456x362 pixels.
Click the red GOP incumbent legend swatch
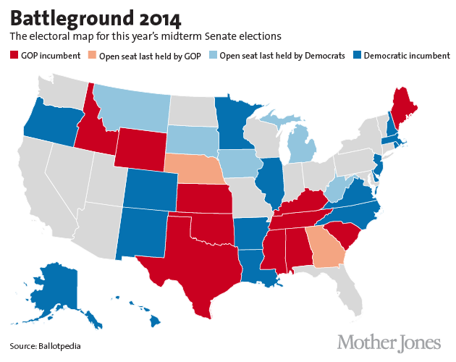tap(13, 56)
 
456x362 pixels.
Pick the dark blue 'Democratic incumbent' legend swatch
tap(357, 56)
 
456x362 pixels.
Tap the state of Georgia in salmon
tap(324, 247)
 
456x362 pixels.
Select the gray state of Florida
tap(347, 286)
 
